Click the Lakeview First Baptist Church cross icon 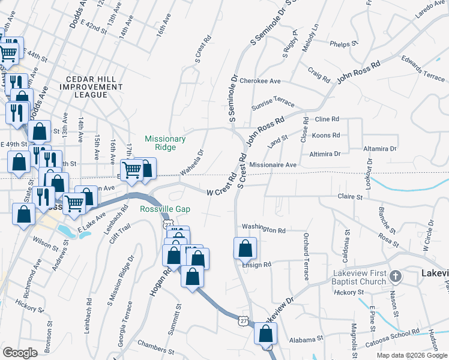click(x=395, y=277)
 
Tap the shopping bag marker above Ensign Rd click(x=245, y=247)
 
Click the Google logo click(x=20, y=353)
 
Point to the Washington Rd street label click(x=263, y=230)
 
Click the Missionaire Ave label click(x=273, y=164)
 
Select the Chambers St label click(x=154, y=343)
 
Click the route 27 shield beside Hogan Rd click(x=164, y=223)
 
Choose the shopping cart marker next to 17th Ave click(x=131, y=169)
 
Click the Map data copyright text click(x=411, y=355)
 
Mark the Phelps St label click(x=343, y=44)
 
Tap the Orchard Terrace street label click(x=306, y=257)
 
